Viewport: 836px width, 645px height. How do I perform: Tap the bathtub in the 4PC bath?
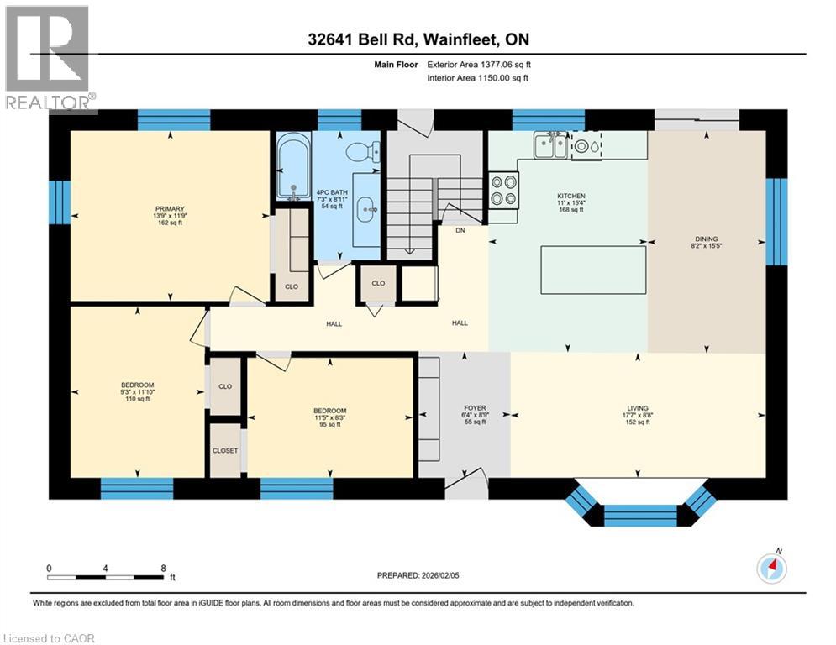(x=293, y=167)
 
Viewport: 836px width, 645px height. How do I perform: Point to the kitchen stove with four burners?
(x=503, y=189)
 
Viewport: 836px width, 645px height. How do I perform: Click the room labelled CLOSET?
(x=224, y=450)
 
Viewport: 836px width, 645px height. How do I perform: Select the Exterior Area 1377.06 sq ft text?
(x=479, y=64)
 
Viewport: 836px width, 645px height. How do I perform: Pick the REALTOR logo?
(x=49, y=59)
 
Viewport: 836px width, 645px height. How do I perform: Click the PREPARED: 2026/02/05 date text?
(x=418, y=576)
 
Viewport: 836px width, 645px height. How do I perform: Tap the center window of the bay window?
(x=640, y=514)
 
